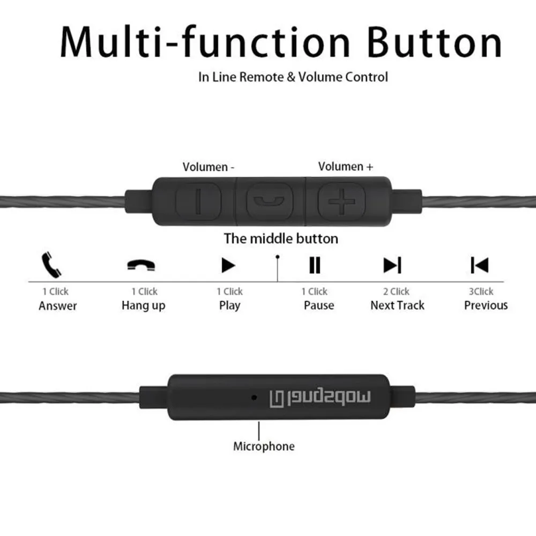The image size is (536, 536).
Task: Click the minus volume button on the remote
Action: pos(198,202)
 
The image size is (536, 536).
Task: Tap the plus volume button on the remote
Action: pos(337,202)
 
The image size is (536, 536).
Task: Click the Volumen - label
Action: pos(209,167)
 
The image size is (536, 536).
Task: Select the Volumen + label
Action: pos(346,166)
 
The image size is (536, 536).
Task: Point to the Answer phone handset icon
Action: pos(51,264)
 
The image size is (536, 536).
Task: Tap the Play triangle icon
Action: pos(228,265)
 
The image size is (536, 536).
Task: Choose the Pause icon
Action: pos(315,265)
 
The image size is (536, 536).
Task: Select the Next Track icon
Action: pos(392,265)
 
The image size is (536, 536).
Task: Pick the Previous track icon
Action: pos(479,265)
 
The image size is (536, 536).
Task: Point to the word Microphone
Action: pos(264,446)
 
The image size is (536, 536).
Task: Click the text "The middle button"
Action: pos(281,239)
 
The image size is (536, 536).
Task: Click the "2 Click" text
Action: pos(396,292)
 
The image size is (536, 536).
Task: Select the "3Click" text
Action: pos(481,292)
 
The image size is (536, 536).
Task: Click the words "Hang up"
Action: pos(143,306)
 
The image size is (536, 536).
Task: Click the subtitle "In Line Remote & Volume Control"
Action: pos(293,77)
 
